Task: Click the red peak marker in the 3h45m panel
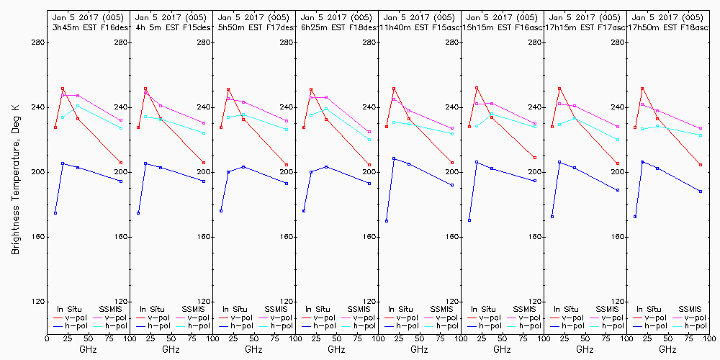pyautogui.click(x=63, y=89)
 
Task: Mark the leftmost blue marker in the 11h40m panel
pyautogui.click(x=387, y=221)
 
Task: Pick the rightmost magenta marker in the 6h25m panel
pyautogui.click(x=369, y=132)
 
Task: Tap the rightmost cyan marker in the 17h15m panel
pyautogui.click(x=618, y=139)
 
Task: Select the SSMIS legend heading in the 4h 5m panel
pyautogui.click(x=193, y=309)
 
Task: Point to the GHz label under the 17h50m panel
pyautogui.click(x=667, y=349)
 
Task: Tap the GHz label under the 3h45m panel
pyautogui.click(x=88, y=349)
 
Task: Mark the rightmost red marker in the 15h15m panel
pyautogui.click(x=535, y=158)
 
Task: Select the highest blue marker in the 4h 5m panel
pyautogui.click(x=145, y=163)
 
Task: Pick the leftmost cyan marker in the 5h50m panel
pyautogui.click(x=228, y=117)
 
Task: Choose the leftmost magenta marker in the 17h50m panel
pyautogui.click(x=642, y=104)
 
